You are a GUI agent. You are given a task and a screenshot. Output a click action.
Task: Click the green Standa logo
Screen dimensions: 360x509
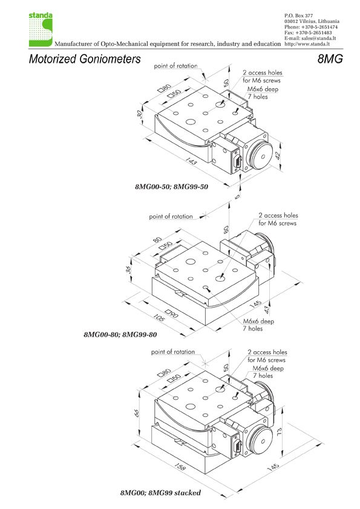coord(41,30)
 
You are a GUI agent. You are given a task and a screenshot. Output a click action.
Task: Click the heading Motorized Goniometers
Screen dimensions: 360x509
coord(85,59)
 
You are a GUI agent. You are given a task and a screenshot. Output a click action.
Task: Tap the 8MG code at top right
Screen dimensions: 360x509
coord(330,59)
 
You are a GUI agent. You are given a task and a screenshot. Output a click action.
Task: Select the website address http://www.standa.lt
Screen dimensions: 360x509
coord(307,44)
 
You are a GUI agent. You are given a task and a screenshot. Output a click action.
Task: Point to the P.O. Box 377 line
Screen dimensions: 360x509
coord(299,15)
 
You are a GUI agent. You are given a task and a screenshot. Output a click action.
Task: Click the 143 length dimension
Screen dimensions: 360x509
coord(191,160)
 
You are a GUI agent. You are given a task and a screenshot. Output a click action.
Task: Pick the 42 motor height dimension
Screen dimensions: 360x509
coord(278,155)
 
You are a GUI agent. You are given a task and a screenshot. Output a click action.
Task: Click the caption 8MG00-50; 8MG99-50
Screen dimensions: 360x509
coord(172,187)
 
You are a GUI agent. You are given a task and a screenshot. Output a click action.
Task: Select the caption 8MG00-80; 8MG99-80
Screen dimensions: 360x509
coord(120,334)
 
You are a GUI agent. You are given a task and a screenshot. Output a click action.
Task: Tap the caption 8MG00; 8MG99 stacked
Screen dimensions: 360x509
coord(160,493)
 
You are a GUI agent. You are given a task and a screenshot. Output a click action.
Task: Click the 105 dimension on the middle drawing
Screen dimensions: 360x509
coord(159,317)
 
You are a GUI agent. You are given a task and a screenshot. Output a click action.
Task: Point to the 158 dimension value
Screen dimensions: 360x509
coord(180,467)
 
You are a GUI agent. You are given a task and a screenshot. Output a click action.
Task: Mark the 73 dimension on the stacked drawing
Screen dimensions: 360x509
coord(279,432)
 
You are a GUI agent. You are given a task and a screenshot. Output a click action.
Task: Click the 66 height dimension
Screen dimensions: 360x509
coord(137,413)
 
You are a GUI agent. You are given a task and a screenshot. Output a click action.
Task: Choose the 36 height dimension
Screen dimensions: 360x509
coord(129,270)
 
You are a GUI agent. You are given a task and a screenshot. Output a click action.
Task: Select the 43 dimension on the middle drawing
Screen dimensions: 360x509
coord(266,310)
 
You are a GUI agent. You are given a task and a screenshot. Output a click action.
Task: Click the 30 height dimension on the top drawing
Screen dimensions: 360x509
coord(140,114)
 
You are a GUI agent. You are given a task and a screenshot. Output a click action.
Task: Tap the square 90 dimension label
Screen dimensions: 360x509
coord(172,313)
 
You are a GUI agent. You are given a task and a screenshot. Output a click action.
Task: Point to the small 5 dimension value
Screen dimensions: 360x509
coord(238,196)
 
